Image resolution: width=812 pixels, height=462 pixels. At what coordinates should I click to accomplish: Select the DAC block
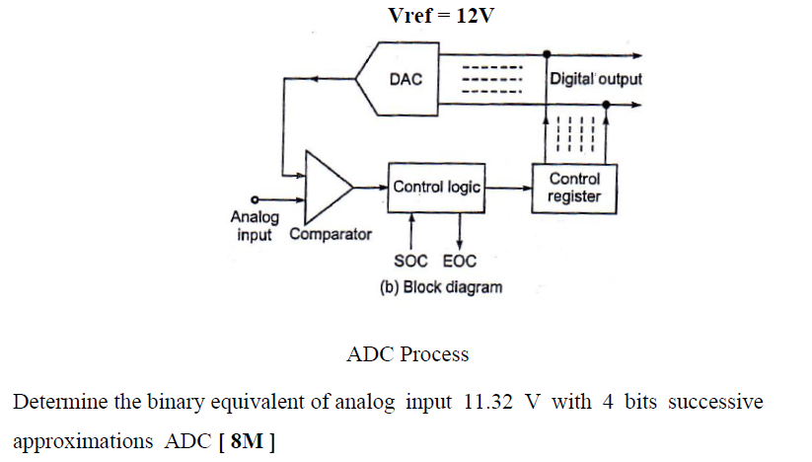(x=406, y=79)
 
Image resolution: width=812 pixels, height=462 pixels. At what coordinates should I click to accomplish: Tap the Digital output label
(x=595, y=78)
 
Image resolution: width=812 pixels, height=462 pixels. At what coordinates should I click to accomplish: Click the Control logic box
(x=437, y=187)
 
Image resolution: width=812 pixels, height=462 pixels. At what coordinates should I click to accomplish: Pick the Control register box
(x=574, y=187)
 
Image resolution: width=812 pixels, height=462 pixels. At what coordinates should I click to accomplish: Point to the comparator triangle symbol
(x=326, y=187)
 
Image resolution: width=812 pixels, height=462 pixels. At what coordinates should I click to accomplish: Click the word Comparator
(x=331, y=235)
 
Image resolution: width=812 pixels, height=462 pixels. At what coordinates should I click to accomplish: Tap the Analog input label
(x=255, y=225)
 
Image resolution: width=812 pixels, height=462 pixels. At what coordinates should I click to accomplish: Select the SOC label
(x=410, y=262)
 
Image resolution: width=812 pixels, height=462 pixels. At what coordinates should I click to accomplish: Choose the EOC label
(x=460, y=262)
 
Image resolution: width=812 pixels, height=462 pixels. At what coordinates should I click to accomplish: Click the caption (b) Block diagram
(x=440, y=287)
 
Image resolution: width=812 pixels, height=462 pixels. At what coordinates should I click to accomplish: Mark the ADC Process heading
(x=407, y=353)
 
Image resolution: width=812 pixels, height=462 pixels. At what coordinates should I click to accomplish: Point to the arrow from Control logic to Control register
(x=509, y=187)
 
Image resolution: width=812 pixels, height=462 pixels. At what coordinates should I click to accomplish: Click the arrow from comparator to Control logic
(x=371, y=187)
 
